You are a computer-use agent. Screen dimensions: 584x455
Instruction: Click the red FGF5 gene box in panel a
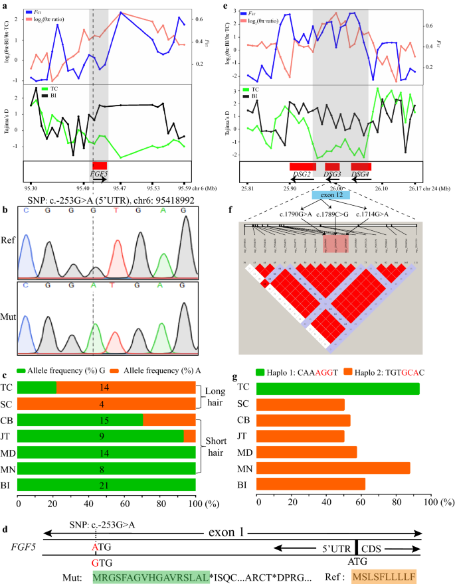pos(100,165)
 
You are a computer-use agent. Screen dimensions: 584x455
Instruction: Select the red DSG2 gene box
pos(302,165)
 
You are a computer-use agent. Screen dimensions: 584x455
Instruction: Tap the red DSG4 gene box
pos(361,165)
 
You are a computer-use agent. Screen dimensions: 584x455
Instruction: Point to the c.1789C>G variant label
pos(333,214)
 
